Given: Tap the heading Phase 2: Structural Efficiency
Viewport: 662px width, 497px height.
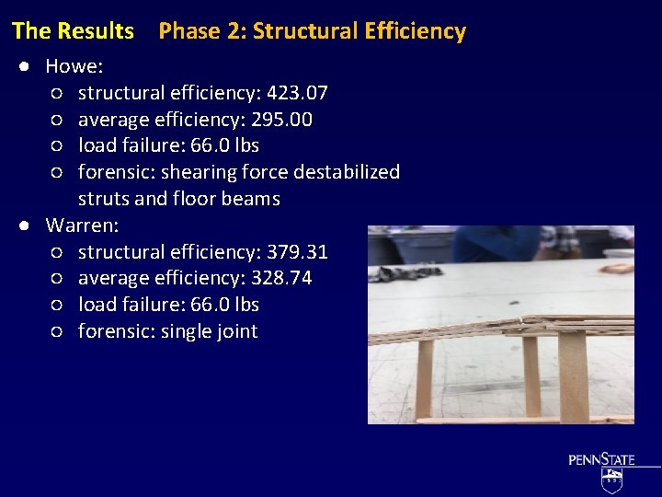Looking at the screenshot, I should (312, 31).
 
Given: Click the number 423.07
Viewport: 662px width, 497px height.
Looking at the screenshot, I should (296, 93).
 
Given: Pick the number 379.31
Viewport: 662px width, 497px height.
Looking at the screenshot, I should (297, 251).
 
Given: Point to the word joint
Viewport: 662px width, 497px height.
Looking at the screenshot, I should (235, 331).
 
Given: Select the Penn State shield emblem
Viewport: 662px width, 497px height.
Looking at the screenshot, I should (611, 480).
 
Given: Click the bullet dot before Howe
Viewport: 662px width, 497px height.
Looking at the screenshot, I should (29, 67).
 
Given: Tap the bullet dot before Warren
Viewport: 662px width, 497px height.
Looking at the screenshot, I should (29, 225).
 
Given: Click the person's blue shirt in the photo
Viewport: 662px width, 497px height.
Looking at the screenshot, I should (496, 244).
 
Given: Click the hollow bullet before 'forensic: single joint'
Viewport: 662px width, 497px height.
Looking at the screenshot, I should (57, 331).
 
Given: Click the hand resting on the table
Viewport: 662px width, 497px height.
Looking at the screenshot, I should (616, 269).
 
